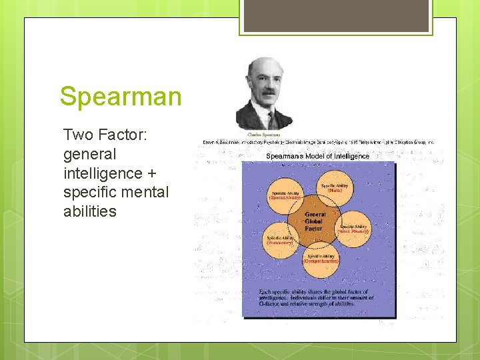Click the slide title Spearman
(120, 96)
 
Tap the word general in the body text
(89, 155)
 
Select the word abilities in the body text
(89, 211)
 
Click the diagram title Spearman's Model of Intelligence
(317, 156)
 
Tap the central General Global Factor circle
(314, 221)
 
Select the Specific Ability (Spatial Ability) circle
(285, 194)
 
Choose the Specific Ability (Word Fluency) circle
(353, 229)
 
